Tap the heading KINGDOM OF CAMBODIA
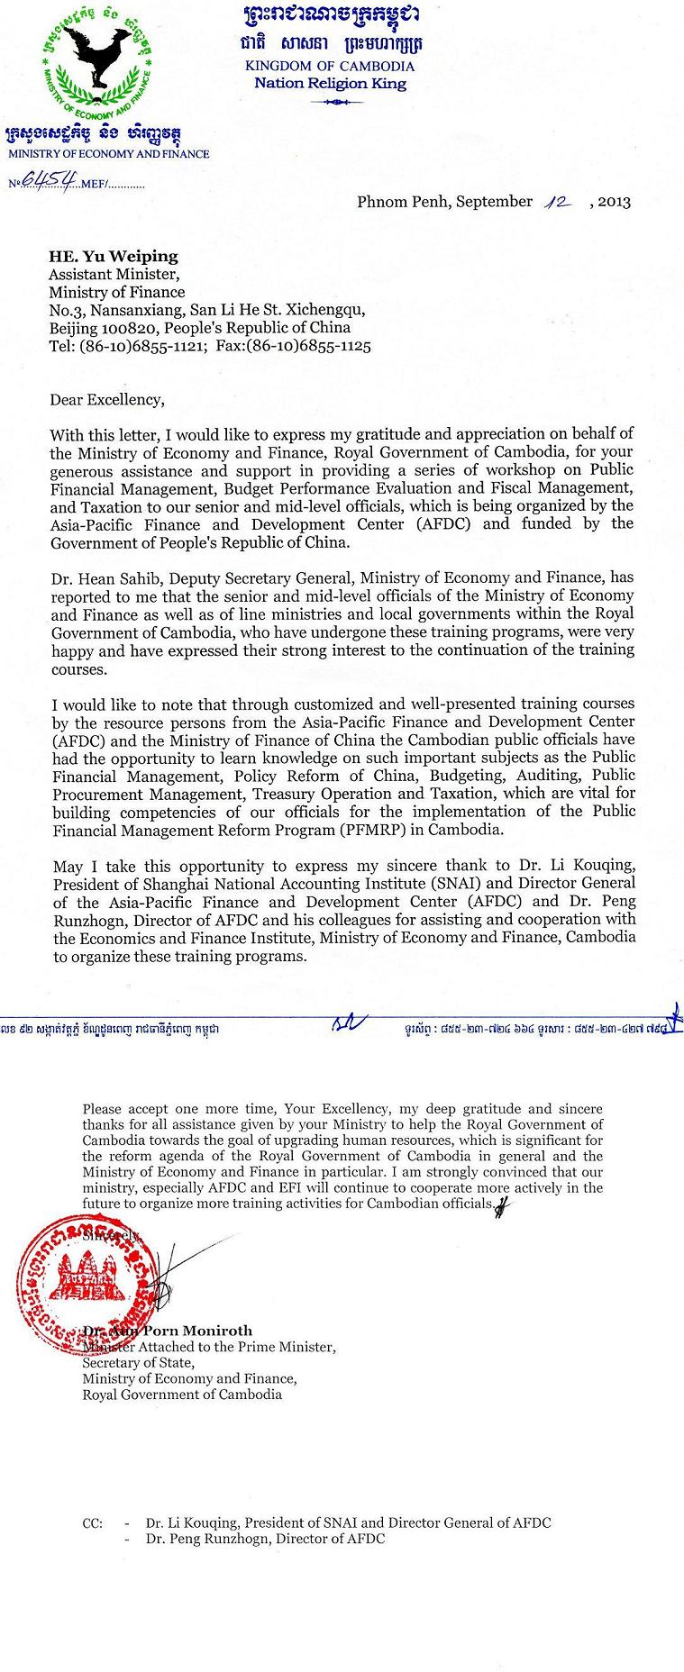point(330,66)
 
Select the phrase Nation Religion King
point(330,84)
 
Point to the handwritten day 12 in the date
point(560,202)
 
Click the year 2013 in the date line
point(614,202)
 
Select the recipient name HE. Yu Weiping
point(114,257)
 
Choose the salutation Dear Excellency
point(107,399)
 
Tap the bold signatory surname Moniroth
point(217,1331)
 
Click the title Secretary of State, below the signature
point(138,1363)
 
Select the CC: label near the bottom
point(92,1523)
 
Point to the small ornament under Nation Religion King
point(330,103)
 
